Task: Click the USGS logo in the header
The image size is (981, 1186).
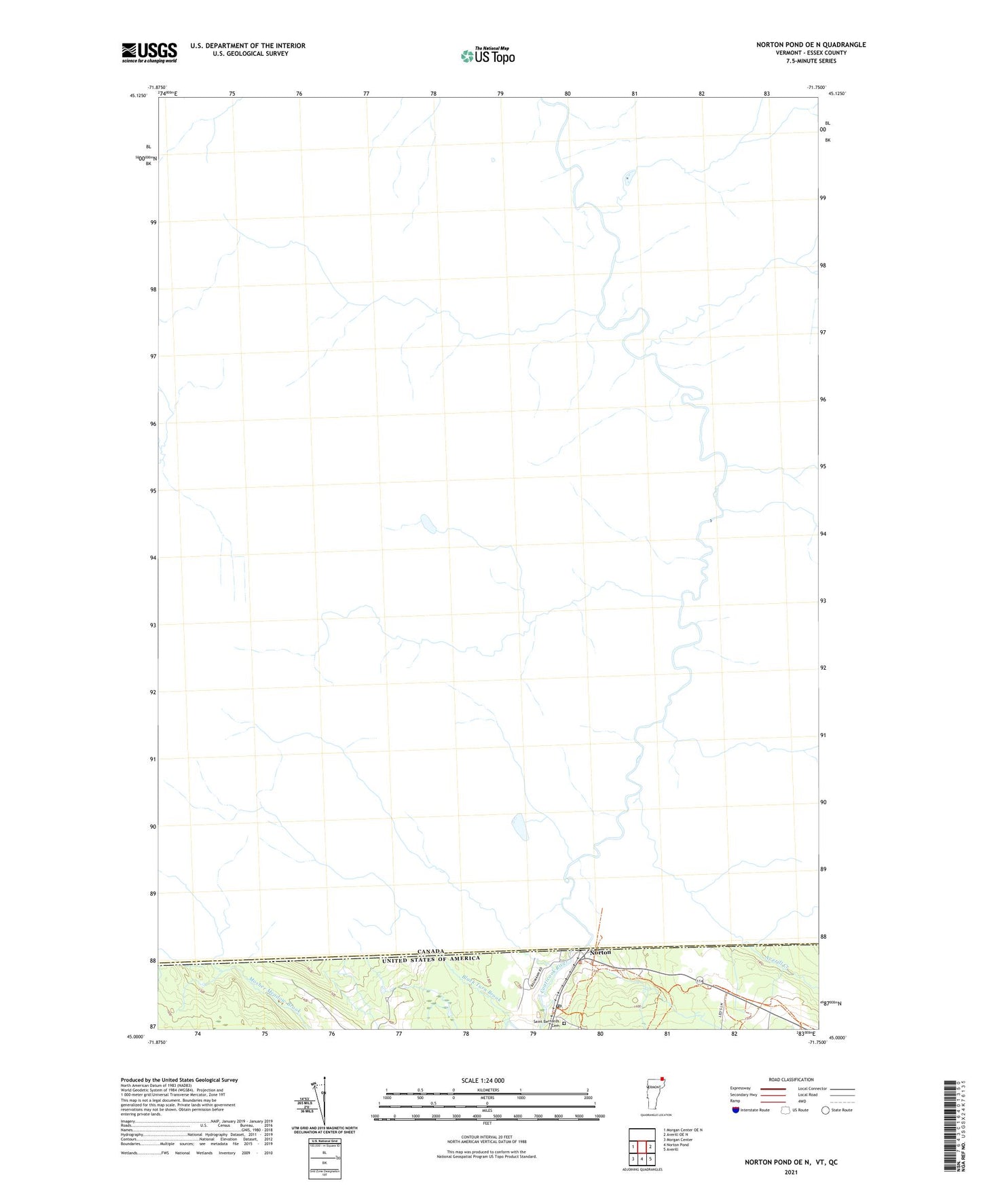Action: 149,52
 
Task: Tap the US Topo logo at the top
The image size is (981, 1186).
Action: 487,56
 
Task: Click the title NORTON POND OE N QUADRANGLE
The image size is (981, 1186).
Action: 811,45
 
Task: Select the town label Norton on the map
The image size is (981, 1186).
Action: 600,952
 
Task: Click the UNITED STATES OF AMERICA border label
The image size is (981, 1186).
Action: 430,959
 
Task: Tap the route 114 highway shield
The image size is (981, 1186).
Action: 699,980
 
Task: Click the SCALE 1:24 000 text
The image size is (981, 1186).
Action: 483,1080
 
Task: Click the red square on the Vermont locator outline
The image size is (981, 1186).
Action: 662,1077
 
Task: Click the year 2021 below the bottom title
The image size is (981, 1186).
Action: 790,1172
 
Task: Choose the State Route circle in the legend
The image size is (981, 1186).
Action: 825,1110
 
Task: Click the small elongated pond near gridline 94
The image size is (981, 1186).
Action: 428,523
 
